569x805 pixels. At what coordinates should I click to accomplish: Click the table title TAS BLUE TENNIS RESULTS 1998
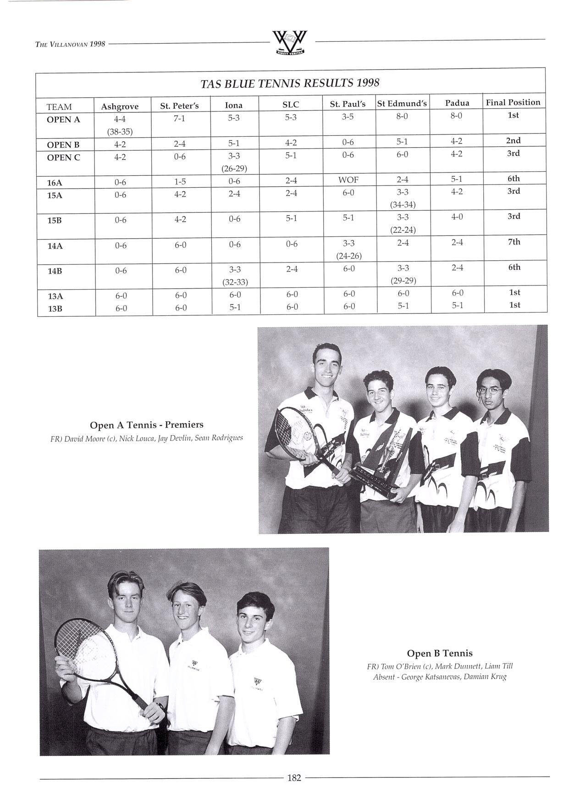point(290,83)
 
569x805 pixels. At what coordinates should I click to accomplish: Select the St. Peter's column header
point(179,106)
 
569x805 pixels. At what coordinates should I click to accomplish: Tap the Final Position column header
point(513,102)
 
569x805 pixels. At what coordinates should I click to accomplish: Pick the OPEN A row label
point(63,119)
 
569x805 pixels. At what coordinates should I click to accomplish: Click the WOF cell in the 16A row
point(348,180)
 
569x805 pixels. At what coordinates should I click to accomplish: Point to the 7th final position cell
point(514,242)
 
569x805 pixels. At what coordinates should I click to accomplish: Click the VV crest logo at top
point(289,43)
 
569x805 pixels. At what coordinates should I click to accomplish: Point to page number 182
point(293,777)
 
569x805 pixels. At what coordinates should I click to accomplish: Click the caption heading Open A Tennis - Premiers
point(146,425)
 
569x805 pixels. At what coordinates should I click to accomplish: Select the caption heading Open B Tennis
point(439,653)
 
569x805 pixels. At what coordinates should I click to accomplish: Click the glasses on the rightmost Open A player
point(489,391)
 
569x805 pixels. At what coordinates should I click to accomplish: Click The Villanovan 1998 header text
point(71,44)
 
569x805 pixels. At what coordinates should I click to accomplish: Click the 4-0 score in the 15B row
point(457,217)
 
